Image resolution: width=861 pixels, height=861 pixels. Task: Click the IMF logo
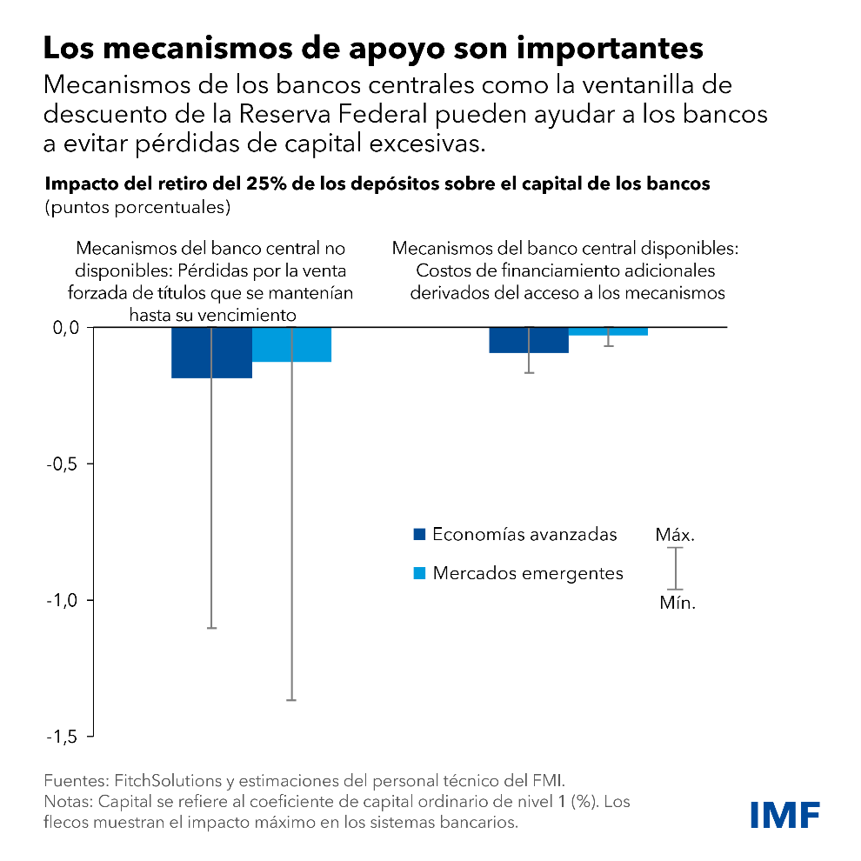(785, 815)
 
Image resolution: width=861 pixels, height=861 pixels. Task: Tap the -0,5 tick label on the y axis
(61, 464)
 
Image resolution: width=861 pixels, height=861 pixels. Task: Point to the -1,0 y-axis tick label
(61, 600)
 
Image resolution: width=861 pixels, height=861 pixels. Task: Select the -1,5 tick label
(61, 737)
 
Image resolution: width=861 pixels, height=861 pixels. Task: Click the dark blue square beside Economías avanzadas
(419, 534)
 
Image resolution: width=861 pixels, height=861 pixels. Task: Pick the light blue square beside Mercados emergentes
(419, 573)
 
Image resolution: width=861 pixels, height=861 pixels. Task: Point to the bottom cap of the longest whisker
(292, 700)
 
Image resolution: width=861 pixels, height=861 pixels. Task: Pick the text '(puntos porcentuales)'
(137, 208)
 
